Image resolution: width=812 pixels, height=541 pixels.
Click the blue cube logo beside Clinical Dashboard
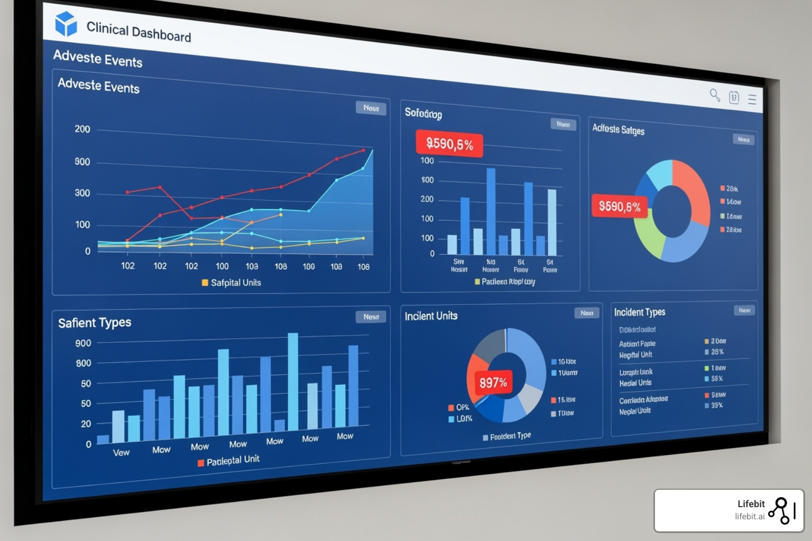click(x=66, y=24)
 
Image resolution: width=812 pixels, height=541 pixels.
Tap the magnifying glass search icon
click(x=715, y=95)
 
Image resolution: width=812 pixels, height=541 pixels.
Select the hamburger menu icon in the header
click(x=752, y=99)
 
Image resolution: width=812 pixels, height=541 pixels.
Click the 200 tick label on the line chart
click(x=82, y=129)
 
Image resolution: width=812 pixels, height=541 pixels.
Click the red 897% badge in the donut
click(x=493, y=382)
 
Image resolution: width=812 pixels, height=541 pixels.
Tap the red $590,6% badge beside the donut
click(x=619, y=207)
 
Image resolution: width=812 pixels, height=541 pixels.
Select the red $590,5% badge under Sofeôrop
click(x=449, y=144)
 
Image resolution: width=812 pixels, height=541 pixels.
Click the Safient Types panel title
click(x=95, y=322)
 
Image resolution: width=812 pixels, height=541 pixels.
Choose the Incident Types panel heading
click(x=640, y=312)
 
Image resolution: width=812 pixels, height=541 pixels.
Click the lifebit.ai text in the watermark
click(x=750, y=517)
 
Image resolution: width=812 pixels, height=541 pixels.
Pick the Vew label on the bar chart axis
click(x=121, y=452)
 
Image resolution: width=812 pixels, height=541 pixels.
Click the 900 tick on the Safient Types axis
click(x=84, y=343)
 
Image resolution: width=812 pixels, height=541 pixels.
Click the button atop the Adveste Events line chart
click(x=371, y=108)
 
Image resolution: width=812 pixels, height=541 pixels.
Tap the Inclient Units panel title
click(x=431, y=316)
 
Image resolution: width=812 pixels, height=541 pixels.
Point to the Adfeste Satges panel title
click(x=618, y=129)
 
